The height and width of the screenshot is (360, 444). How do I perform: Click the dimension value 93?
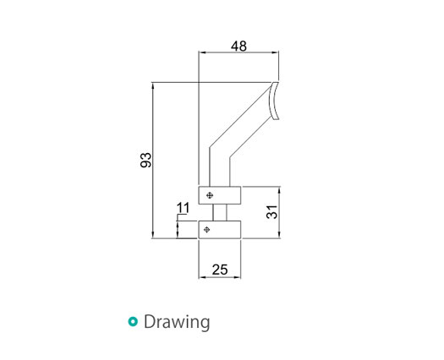pyautogui.click(x=145, y=160)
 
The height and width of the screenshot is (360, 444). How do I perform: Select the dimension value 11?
pyautogui.click(x=182, y=208)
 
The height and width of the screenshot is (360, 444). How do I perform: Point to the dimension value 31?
pyautogui.click(x=271, y=212)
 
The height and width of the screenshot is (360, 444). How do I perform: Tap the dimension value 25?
pyautogui.click(x=219, y=270)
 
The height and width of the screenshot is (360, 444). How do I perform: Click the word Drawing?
pyautogui.click(x=177, y=322)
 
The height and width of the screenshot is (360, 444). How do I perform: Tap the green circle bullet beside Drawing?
pyautogui.click(x=132, y=322)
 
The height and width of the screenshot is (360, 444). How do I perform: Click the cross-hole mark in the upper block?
pyautogui.click(x=207, y=195)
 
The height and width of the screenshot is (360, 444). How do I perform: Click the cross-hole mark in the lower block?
pyautogui.click(x=207, y=229)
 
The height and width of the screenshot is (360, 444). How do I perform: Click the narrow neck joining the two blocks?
pyautogui.click(x=219, y=212)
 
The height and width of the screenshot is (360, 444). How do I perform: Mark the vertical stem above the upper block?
pyautogui.click(x=219, y=169)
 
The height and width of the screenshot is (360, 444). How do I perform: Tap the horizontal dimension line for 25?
pyautogui.click(x=219, y=278)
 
